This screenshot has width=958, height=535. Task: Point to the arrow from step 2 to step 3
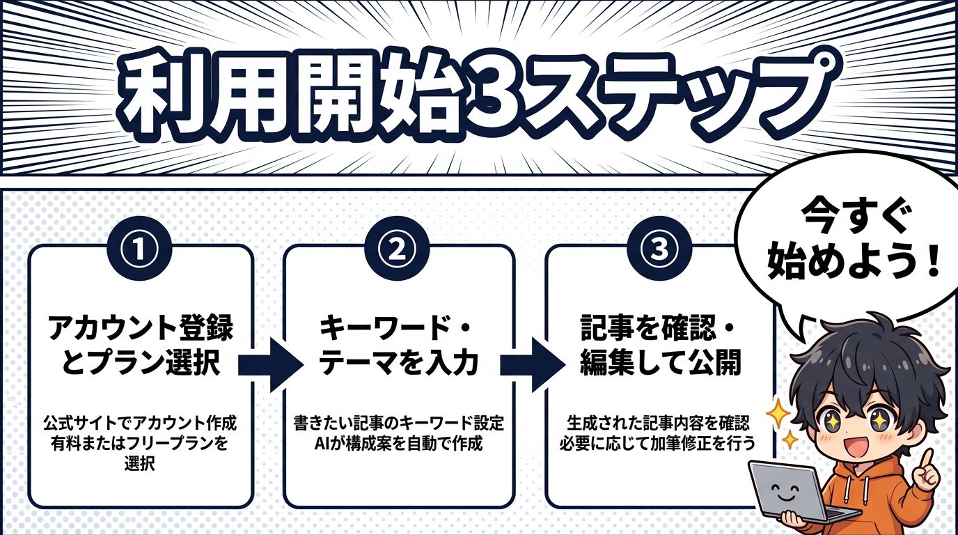pyautogui.click(x=531, y=364)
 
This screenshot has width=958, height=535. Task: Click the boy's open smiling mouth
pyautogui.click(x=860, y=447)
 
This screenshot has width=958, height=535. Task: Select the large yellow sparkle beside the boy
pyautogui.click(x=778, y=415)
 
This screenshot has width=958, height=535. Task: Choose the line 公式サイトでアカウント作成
pyautogui.click(x=141, y=424)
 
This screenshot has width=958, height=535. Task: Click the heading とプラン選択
pyautogui.click(x=141, y=364)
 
